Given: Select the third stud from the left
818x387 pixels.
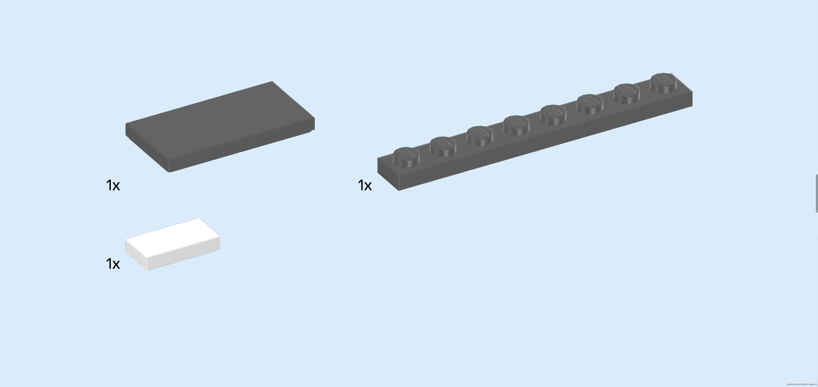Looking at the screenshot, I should tap(480, 134).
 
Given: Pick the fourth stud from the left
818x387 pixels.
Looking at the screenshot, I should tap(516, 124).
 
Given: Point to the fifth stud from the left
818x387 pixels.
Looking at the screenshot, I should tap(553, 113).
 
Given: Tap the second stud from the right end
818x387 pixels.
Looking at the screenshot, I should tap(626, 92).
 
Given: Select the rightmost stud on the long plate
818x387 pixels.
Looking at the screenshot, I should tap(663, 81).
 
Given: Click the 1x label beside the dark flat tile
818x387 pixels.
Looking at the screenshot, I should tap(113, 185).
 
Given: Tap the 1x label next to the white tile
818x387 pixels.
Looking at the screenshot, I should tap(113, 264).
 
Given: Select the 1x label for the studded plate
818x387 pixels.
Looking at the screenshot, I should tap(365, 185).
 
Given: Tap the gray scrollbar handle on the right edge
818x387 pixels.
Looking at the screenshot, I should tap(816, 193).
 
